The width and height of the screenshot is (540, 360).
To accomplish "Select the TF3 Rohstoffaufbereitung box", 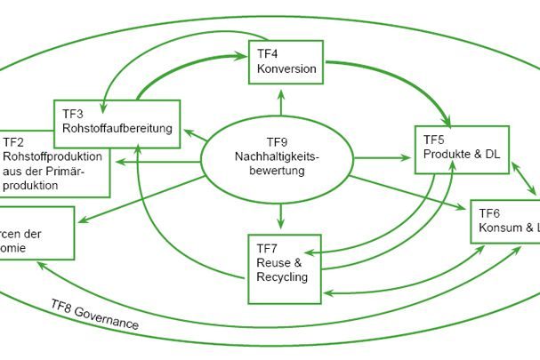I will [x=117, y=121].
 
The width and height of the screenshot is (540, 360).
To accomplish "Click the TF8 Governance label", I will [x=94, y=315].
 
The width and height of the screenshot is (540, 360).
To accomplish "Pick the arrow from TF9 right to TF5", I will [x=386, y=158].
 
